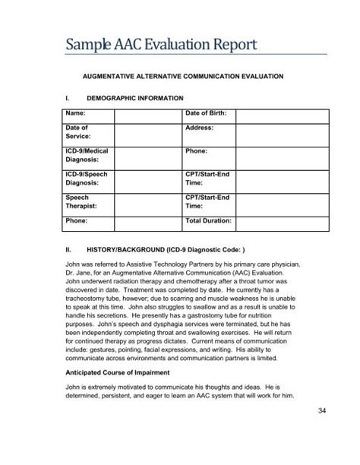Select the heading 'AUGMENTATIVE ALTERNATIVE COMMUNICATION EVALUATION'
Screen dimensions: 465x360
[187, 77]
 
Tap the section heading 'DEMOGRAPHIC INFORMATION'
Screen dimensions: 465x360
[135, 99]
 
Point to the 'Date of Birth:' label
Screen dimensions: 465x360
[207, 113]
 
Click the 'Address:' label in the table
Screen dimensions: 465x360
[200, 128]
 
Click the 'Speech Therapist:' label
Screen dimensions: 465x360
[81, 201]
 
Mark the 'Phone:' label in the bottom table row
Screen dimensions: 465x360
[77, 220]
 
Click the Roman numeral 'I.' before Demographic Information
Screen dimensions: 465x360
[69, 99]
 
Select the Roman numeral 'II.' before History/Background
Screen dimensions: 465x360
[70, 248]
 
